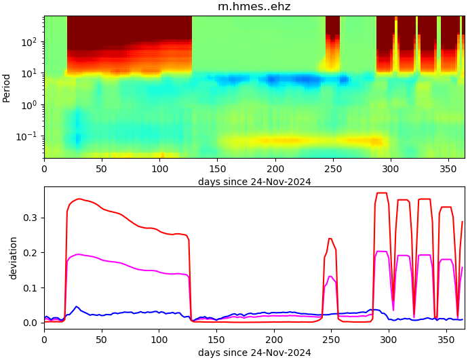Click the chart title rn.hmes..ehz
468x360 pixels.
click(254, 7)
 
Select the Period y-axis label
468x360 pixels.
click(7, 88)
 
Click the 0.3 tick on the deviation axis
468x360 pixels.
click(31, 218)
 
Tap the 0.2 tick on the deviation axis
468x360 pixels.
click(31, 253)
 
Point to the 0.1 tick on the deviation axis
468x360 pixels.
click(31, 287)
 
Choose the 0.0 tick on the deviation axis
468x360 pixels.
click(31, 323)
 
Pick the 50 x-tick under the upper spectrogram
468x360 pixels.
click(102, 167)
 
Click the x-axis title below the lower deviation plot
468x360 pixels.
click(254, 353)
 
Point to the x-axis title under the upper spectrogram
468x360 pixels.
click(254, 181)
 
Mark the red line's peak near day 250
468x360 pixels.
click(330, 239)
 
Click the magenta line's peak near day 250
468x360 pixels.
click(330, 276)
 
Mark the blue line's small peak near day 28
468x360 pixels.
click(77, 306)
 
